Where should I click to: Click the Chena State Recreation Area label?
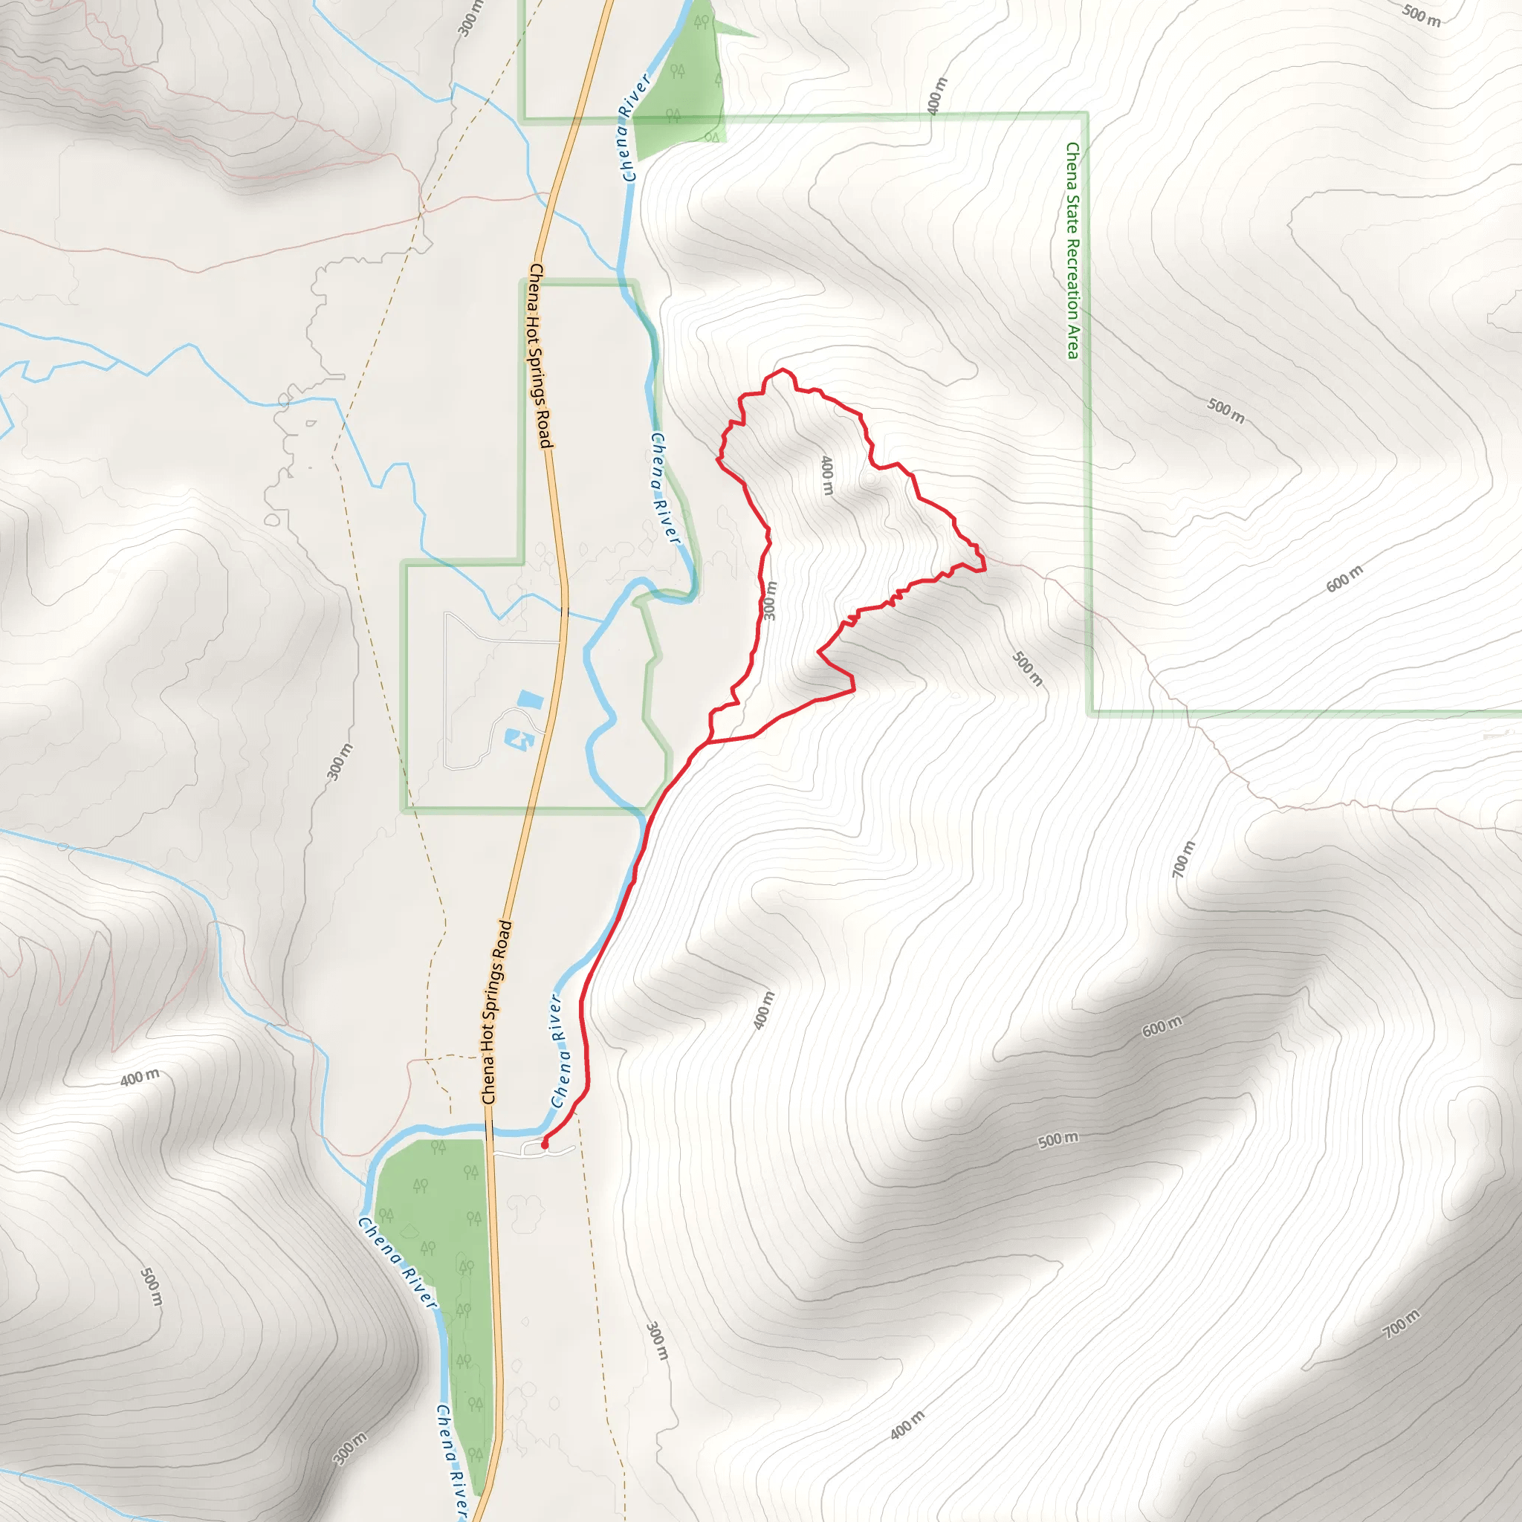[x=1072, y=250]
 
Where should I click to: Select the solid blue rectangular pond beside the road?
[x=530, y=699]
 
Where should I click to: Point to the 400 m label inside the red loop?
[x=826, y=475]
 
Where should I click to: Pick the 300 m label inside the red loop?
[x=770, y=600]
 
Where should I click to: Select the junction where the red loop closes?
[x=710, y=741]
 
